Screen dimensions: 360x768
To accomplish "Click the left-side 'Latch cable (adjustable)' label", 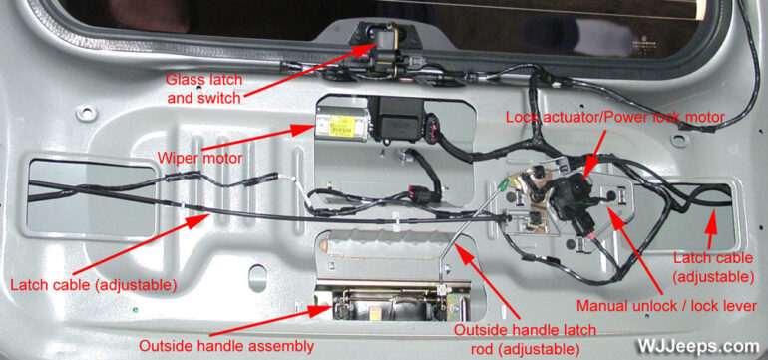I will pos(94,285).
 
